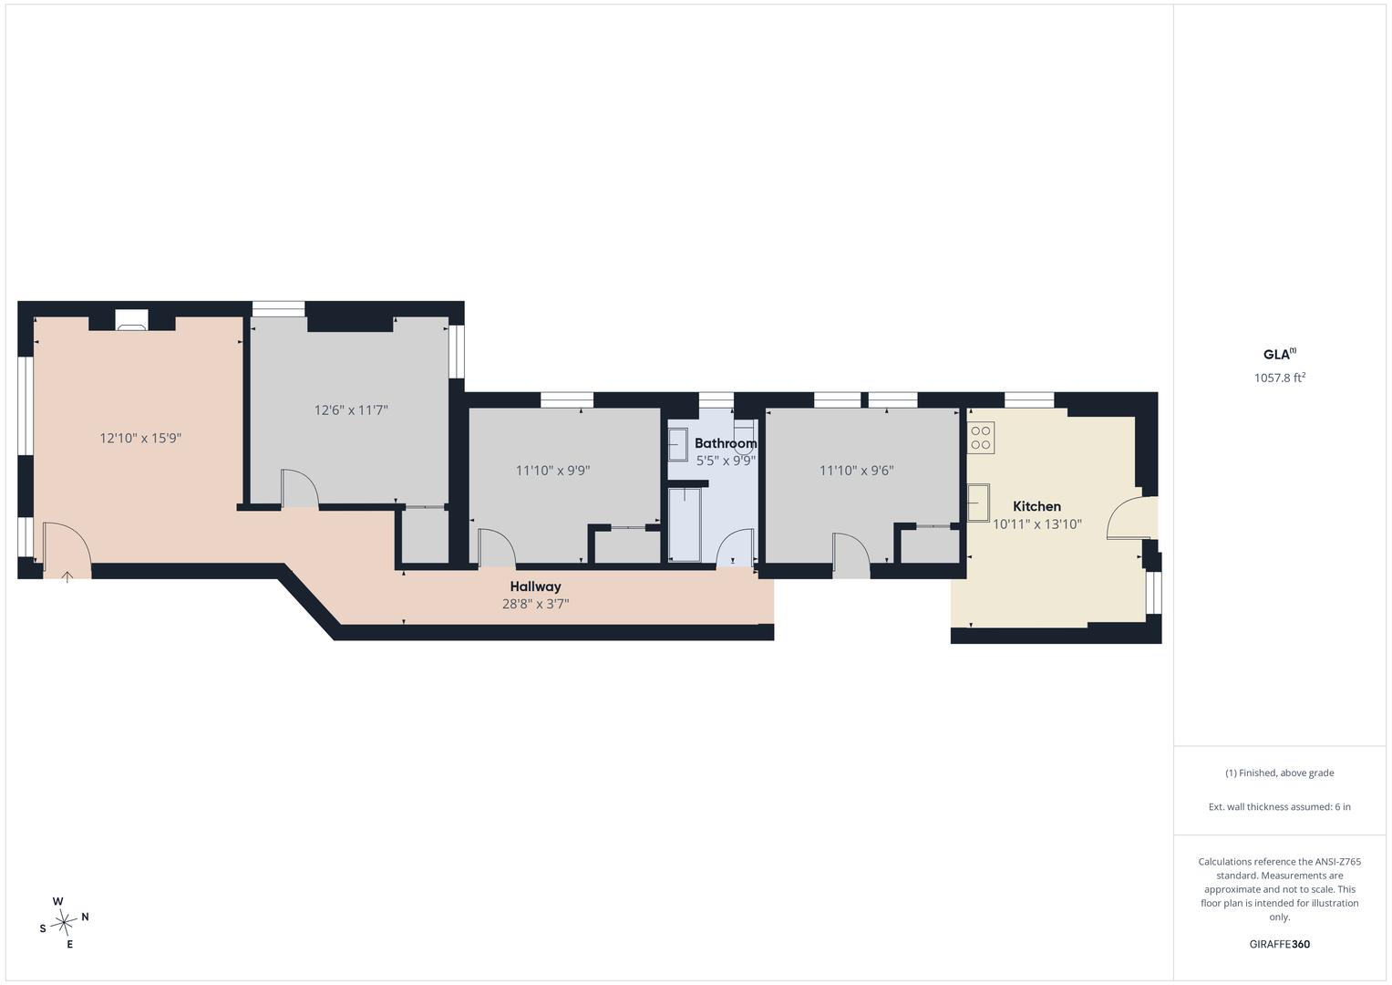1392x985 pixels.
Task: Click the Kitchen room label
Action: [1036, 506]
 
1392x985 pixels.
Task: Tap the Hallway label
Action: [535, 586]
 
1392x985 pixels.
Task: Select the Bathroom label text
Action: [726, 443]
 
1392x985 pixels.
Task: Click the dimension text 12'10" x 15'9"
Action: [140, 438]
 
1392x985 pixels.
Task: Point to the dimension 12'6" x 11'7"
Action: [351, 410]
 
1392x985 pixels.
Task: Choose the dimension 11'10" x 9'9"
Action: [552, 470]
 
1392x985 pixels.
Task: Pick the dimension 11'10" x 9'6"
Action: [856, 470]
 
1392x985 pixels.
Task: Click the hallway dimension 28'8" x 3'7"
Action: [536, 603]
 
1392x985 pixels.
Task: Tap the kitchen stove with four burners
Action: [981, 437]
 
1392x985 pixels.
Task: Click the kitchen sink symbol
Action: [978, 503]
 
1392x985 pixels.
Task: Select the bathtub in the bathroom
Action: [685, 524]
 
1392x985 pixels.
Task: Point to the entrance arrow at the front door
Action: [67, 577]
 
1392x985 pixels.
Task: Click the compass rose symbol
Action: [64, 923]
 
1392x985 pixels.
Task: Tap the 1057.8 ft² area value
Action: [1280, 378]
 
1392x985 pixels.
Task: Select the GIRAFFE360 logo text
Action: [1280, 944]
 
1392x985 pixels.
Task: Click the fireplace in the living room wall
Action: [131, 319]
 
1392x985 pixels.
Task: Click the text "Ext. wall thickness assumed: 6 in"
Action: [1280, 806]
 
